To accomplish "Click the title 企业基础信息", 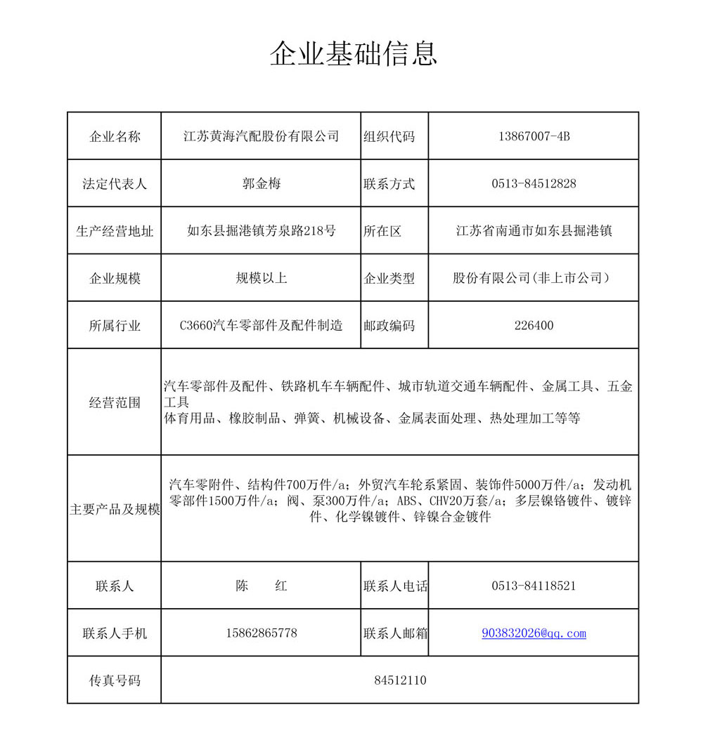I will pos(354,54).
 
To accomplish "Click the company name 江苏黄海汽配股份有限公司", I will pos(261,136).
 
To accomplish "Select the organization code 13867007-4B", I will pos(534,136).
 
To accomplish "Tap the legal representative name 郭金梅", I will pos(261,184).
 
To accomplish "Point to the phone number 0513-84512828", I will pos(534,184).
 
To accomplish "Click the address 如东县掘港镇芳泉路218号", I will pos(261,230).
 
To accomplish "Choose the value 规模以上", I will pos(261,278).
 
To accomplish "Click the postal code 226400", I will pos(534,325).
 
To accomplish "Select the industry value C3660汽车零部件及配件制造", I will pos(261,325).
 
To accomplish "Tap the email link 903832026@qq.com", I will pos(534,633).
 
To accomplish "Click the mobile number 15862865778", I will pos(261,633).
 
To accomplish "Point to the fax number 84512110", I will pos(400,680).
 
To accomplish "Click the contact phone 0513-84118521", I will pos(534,586).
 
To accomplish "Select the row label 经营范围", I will pos(115,402).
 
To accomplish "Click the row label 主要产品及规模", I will pos(115,509).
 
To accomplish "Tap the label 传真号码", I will pos(115,680).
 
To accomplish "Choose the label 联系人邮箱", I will pos(395,633).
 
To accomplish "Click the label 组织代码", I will pos(389,136).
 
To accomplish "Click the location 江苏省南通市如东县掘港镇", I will pos(534,230).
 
